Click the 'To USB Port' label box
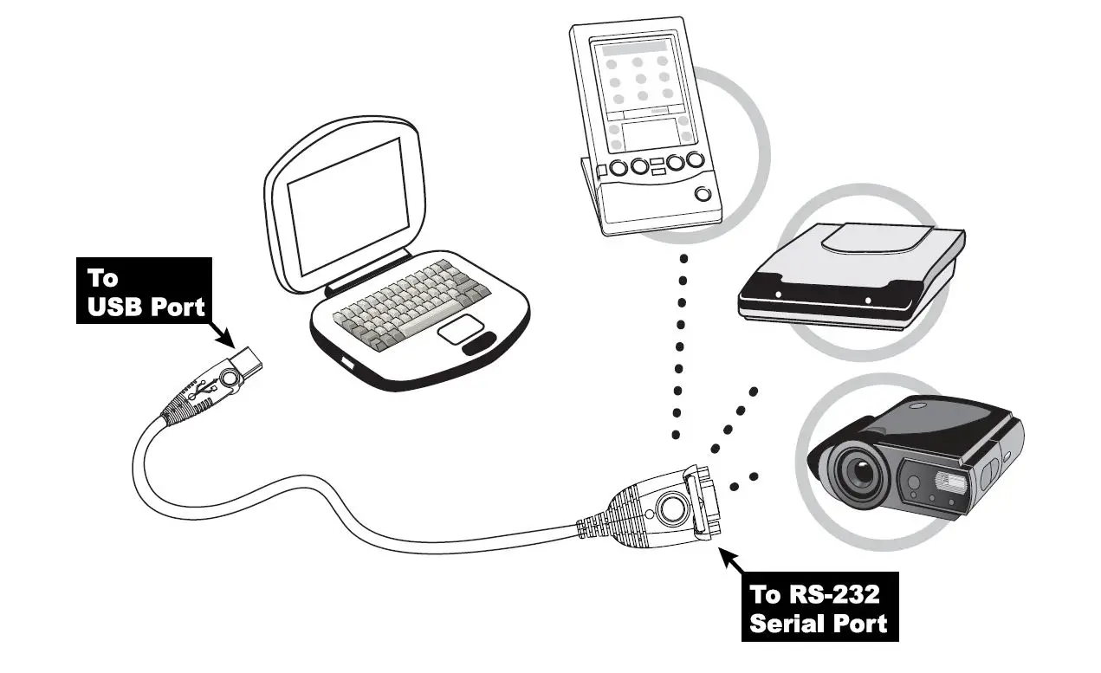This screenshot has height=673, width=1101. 144,291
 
